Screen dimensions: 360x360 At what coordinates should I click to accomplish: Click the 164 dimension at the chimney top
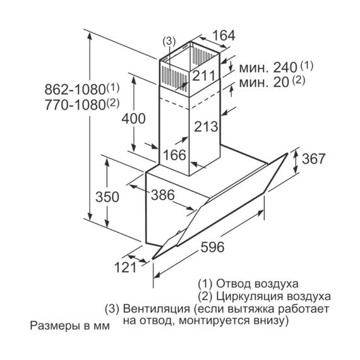click(x=224, y=35)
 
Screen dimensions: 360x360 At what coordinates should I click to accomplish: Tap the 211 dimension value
click(x=204, y=75)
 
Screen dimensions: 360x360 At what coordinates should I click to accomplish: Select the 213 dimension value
click(x=206, y=126)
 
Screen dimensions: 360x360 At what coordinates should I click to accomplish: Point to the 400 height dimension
click(x=133, y=119)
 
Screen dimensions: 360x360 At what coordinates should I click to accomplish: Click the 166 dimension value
click(x=174, y=155)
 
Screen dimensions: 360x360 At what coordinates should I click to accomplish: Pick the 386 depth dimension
click(x=163, y=195)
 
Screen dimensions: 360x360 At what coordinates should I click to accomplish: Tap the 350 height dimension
click(x=107, y=197)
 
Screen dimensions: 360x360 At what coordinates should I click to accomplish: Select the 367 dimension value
click(x=313, y=159)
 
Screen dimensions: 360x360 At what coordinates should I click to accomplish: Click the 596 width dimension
click(x=212, y=247)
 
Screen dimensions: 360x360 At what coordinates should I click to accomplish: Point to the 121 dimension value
click(x=125, y=268)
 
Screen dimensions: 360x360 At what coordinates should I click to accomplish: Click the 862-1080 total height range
click(x=82, y=89)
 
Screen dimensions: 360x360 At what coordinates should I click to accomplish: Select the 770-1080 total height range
click(x=82, y=105)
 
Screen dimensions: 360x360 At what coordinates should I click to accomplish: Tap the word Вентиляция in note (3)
click(x=157, y=309)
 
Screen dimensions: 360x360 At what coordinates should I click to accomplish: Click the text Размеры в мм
click(x=70, y=325)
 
